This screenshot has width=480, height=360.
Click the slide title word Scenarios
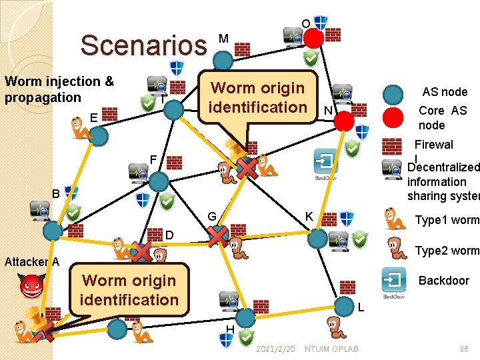click(143, 45)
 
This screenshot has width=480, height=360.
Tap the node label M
click(223, 39)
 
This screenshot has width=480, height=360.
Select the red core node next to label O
click(313, 39)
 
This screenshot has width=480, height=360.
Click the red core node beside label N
click(343, 121)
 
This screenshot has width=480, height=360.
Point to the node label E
click(93, 117)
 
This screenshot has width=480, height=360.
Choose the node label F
click(153, 159)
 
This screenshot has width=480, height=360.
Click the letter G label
click(211, 217)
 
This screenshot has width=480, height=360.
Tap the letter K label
click(309, 217)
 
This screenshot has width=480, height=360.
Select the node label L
click(360, 307)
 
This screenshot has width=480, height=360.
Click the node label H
click(229, 329)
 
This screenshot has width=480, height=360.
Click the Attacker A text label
click(31, 261)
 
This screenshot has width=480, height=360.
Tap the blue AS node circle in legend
click(394, 93)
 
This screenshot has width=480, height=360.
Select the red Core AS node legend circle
click(394, 118)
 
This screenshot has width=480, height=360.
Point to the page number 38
click(463, 349)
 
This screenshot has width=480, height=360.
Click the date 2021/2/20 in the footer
click(275, 349)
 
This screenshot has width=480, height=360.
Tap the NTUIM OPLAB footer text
click(331, 349)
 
